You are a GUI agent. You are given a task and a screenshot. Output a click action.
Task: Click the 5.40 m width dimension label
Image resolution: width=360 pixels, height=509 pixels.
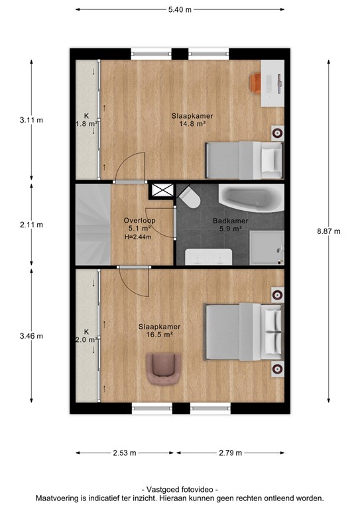[180, 10]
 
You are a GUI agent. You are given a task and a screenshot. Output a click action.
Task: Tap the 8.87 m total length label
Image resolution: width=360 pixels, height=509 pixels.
[329, 231]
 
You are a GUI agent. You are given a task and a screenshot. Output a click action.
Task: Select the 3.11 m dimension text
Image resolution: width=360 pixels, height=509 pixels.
[31, 120]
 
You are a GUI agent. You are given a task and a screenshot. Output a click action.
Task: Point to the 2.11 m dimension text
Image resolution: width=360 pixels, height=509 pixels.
[31, 225]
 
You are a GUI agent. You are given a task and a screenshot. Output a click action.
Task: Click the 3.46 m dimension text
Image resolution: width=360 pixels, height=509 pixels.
[31, 336]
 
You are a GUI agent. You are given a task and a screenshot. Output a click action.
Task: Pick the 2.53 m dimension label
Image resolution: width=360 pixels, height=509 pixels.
[125, 453]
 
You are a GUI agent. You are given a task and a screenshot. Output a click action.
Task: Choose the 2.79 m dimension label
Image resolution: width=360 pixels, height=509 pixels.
[231, 453]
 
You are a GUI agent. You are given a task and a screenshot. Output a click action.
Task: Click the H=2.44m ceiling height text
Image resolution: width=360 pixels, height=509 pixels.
[138, 237]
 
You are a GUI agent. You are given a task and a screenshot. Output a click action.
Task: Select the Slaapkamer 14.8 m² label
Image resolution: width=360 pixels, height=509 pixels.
[192, 119]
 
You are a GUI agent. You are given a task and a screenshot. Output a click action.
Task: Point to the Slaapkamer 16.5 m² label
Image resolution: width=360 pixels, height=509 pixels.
[159, 331]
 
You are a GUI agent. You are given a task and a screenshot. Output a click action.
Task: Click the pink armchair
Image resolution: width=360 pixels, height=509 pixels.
[163, 369]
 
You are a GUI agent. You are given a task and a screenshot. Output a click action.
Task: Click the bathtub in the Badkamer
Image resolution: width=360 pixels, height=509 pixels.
[251, 198]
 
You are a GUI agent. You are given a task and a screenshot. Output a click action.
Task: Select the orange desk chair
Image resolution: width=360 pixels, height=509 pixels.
[256, 84]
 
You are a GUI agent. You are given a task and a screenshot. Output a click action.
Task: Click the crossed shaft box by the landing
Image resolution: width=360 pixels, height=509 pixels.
[162, 190]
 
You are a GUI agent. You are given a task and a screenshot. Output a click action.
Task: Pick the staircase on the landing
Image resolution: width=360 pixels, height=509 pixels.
[93, 225]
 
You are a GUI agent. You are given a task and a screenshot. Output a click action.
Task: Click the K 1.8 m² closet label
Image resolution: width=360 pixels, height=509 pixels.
[86, 120]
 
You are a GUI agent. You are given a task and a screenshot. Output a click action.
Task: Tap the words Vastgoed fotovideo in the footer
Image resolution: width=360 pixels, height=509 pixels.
[180, 490]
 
